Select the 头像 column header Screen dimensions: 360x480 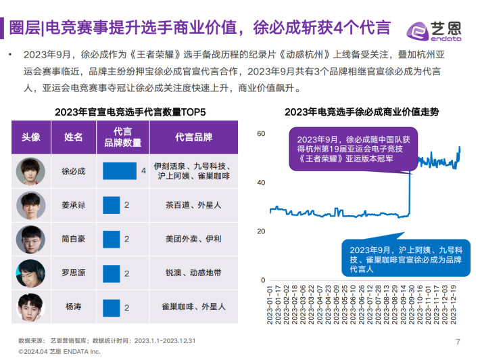(x=31, y=137)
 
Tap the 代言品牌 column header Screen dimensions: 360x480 (x=193, y=137)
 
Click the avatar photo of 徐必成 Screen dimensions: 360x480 (x=31, y=171)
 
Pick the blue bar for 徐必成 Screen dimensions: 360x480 (x=120, y=171)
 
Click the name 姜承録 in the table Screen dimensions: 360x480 (x=74, y=204)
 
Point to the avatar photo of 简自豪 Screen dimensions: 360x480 (x=31, y=238)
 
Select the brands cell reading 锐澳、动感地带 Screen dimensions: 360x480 (x=193, y=272)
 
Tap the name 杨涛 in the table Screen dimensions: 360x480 (x=74, y=306)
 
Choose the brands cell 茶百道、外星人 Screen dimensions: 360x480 (x=193, y=204)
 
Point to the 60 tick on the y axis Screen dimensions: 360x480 (x=261, y=134)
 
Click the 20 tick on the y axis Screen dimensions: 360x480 (x=261, y=231)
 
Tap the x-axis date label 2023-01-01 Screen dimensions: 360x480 (x=270, y=307)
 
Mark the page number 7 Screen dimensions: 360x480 (x=458, y=341)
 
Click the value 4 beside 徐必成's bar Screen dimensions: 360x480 (x=143, y=171)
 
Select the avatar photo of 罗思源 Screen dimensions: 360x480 (x=31, y=272)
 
